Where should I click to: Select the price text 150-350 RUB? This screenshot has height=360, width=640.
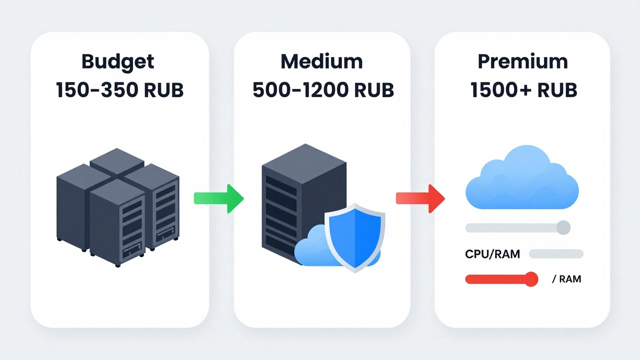[119, 90]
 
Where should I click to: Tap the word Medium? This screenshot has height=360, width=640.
[321, 61]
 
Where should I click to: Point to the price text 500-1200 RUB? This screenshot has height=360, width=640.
[323, 90]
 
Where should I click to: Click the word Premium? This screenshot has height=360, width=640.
[522, 61]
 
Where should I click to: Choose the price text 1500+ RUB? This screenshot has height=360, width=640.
[523, 90]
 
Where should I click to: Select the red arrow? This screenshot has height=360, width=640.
[420, 198]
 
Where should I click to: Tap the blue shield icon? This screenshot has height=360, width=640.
[354, 237]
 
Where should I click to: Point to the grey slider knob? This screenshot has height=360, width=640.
[563, 227]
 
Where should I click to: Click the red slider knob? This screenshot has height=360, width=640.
[531, 279]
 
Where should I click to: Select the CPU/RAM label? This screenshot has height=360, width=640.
[492, 254]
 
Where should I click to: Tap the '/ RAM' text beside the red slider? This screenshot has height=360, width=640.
[566, 279]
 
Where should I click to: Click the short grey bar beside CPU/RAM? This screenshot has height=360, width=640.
[556, 254]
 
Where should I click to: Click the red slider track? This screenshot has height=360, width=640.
[495, 279]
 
